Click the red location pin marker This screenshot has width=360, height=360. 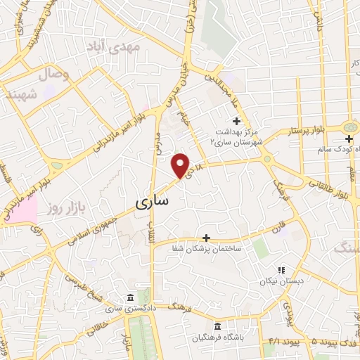pyautogui.click(x=181, y=165)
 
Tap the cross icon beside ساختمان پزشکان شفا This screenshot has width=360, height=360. pyautogui.click(x=206, y=238)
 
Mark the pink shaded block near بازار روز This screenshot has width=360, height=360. pyautogui.click(x=21, y=210)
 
